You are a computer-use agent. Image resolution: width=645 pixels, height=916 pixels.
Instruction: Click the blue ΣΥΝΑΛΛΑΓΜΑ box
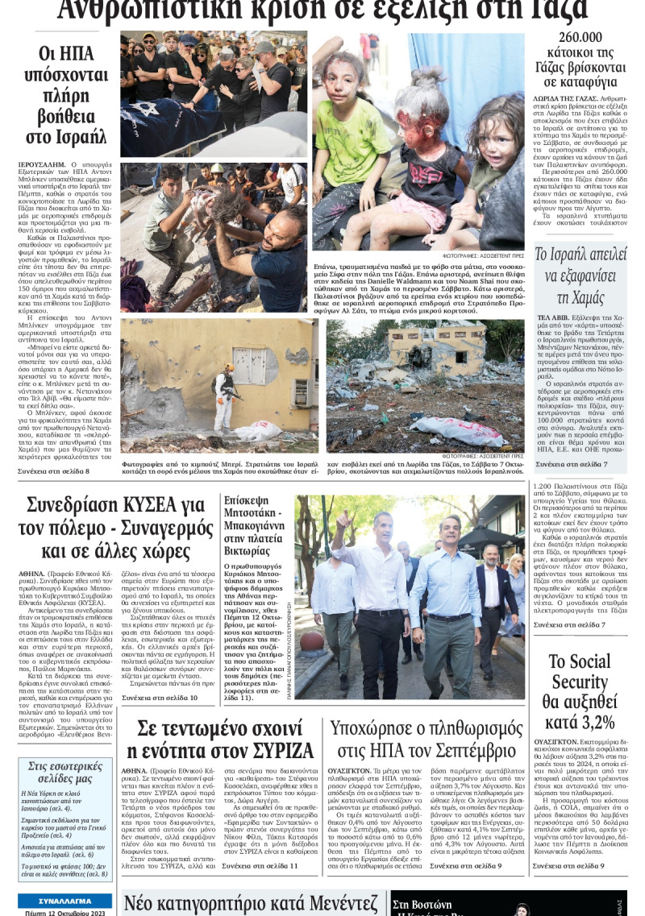[65, 900]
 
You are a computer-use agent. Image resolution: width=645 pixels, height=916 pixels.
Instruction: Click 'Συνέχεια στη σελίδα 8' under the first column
[55, 470]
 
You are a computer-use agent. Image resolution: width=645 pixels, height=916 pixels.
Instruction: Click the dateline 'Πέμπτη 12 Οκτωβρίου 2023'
[65, 911]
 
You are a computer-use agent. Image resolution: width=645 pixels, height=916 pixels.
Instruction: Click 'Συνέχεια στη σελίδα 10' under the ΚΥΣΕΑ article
[160, 697]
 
